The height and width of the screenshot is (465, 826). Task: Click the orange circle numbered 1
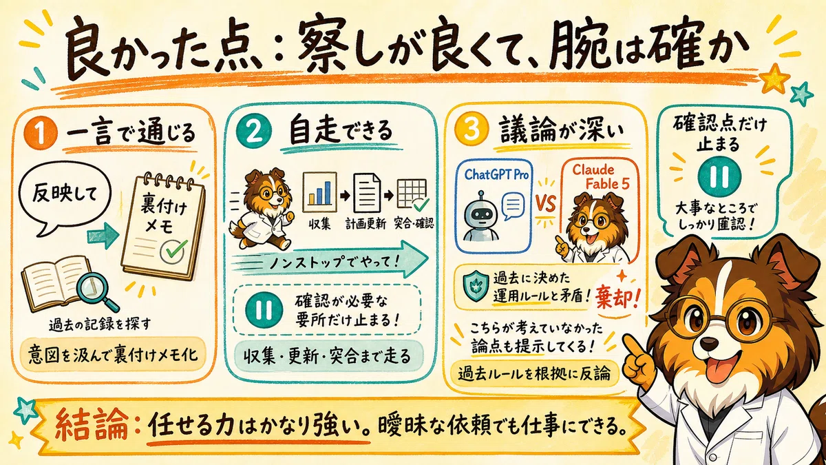coord(40,134)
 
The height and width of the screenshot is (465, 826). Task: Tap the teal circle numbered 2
coord(254,131)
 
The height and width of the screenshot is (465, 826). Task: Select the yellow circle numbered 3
coord(472,129)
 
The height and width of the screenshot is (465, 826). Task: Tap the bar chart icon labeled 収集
coord(319,192)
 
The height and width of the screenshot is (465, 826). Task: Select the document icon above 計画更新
coord(366,193)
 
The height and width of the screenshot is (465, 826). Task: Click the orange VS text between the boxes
coord(545,203)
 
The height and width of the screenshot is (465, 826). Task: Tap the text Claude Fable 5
coord(601,177)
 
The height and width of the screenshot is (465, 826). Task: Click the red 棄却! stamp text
coord(617,297)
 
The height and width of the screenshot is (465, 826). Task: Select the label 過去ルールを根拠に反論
coord(534,374)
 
